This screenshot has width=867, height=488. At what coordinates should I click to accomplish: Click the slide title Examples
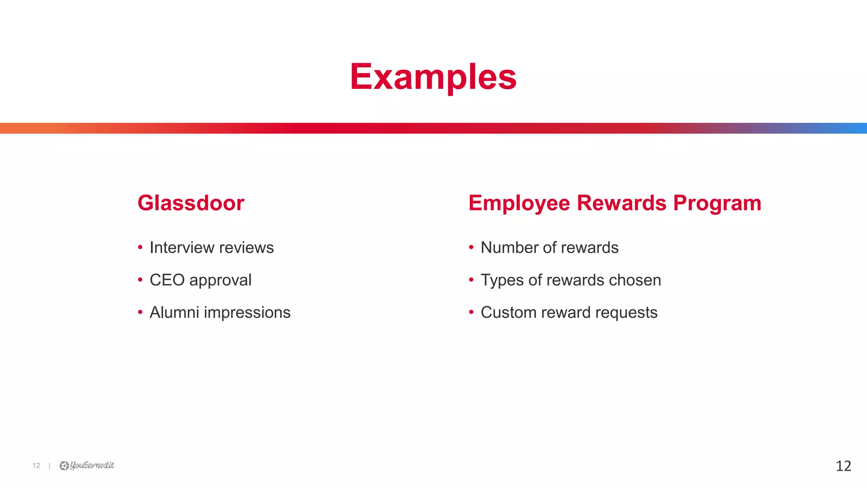[x=433, y=77]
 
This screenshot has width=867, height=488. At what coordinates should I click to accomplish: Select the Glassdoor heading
[x=191, y=203]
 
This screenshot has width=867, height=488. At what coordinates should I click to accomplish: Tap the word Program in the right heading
[x=717, y=203]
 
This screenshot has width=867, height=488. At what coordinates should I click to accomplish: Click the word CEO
[x=167, y=280]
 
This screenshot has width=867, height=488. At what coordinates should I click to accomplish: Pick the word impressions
[x=247, y=313]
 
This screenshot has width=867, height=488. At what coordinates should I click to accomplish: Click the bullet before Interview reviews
[x=140, y=247]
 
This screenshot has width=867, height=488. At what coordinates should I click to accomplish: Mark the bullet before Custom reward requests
[x=471, y=312]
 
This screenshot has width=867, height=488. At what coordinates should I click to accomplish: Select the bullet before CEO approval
[x=140, y=280]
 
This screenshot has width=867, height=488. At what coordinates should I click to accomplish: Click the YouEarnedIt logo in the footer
[x=87, y=466]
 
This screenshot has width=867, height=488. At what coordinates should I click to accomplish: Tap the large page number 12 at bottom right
[x=843, y=466]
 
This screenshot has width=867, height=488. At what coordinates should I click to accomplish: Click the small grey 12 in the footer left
[x=36, y=466]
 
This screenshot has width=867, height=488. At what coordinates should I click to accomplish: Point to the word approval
[x=220, y=281]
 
